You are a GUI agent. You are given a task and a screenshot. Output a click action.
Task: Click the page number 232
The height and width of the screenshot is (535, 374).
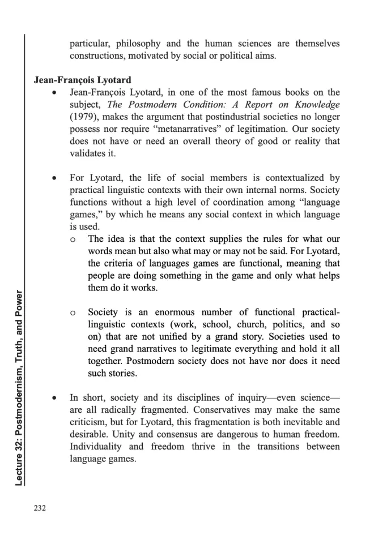[x=40, y=507]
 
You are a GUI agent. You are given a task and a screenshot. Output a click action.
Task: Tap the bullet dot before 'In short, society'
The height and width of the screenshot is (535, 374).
[x=54, y=399]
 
